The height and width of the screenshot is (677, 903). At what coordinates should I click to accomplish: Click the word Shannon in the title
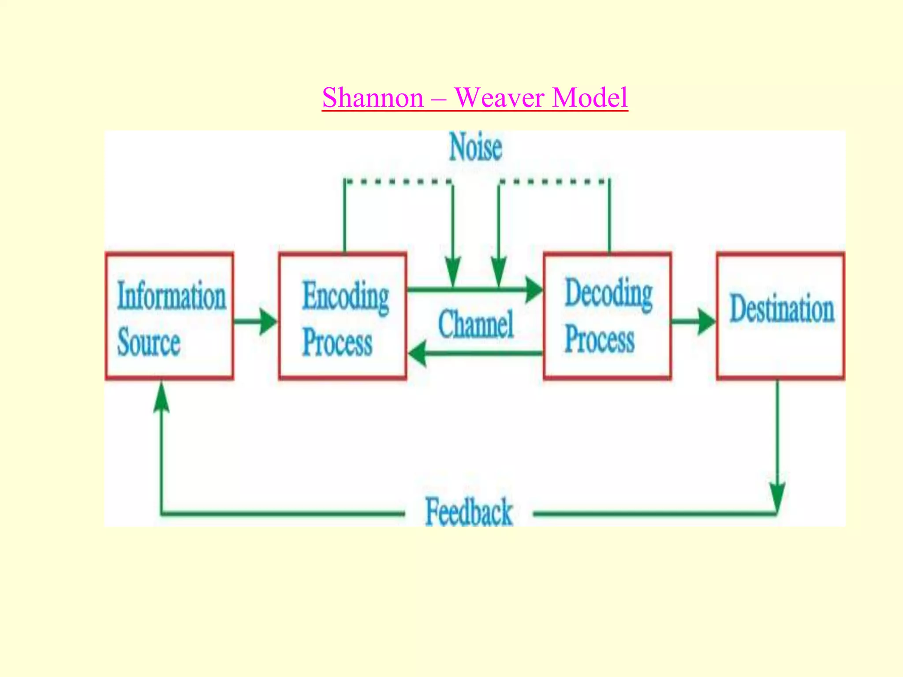[373, 98]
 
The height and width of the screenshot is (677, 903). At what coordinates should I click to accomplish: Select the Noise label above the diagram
[475, 148]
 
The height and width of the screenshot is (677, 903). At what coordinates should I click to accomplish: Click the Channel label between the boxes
[476, 324]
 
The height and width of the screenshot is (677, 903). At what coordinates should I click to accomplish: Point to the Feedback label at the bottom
[469, 512]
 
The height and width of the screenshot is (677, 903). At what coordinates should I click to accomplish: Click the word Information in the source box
[171, 296]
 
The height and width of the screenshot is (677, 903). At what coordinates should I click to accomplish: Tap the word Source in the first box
[149, 342]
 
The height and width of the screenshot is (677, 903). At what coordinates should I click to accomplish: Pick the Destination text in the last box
[782, 308]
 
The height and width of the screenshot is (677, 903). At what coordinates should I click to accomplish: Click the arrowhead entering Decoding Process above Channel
[534, 290]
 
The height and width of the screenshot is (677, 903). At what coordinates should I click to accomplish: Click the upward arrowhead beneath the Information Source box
[161, 397]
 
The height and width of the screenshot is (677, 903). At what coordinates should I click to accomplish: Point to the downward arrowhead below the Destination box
[777, 496]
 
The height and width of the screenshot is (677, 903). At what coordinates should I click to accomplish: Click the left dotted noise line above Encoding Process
[398, 181]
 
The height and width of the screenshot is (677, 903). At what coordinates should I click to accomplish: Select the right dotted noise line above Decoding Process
[554, 181]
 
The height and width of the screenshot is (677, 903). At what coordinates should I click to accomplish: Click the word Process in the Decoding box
[600, 340]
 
